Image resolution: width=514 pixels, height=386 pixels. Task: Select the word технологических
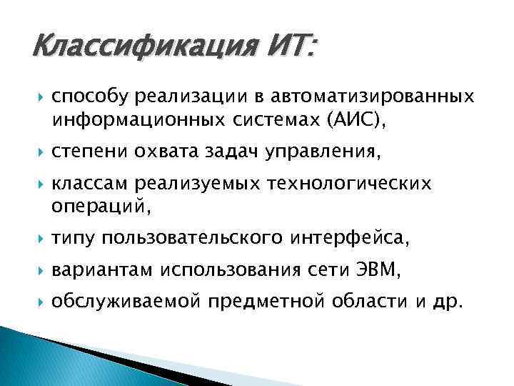(348, 184)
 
